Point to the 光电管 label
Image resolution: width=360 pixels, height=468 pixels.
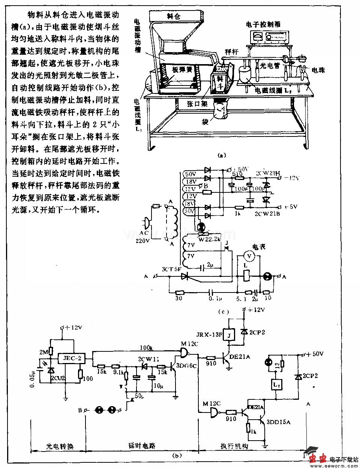[x=270, y=64]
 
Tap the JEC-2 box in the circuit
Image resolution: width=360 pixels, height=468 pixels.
[x=72, y=358]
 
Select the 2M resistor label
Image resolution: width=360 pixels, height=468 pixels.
[x=44, y=351]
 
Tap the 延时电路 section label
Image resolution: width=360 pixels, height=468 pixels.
[x=142, y=446]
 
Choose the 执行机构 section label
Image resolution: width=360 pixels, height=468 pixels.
[x=234, y=446]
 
